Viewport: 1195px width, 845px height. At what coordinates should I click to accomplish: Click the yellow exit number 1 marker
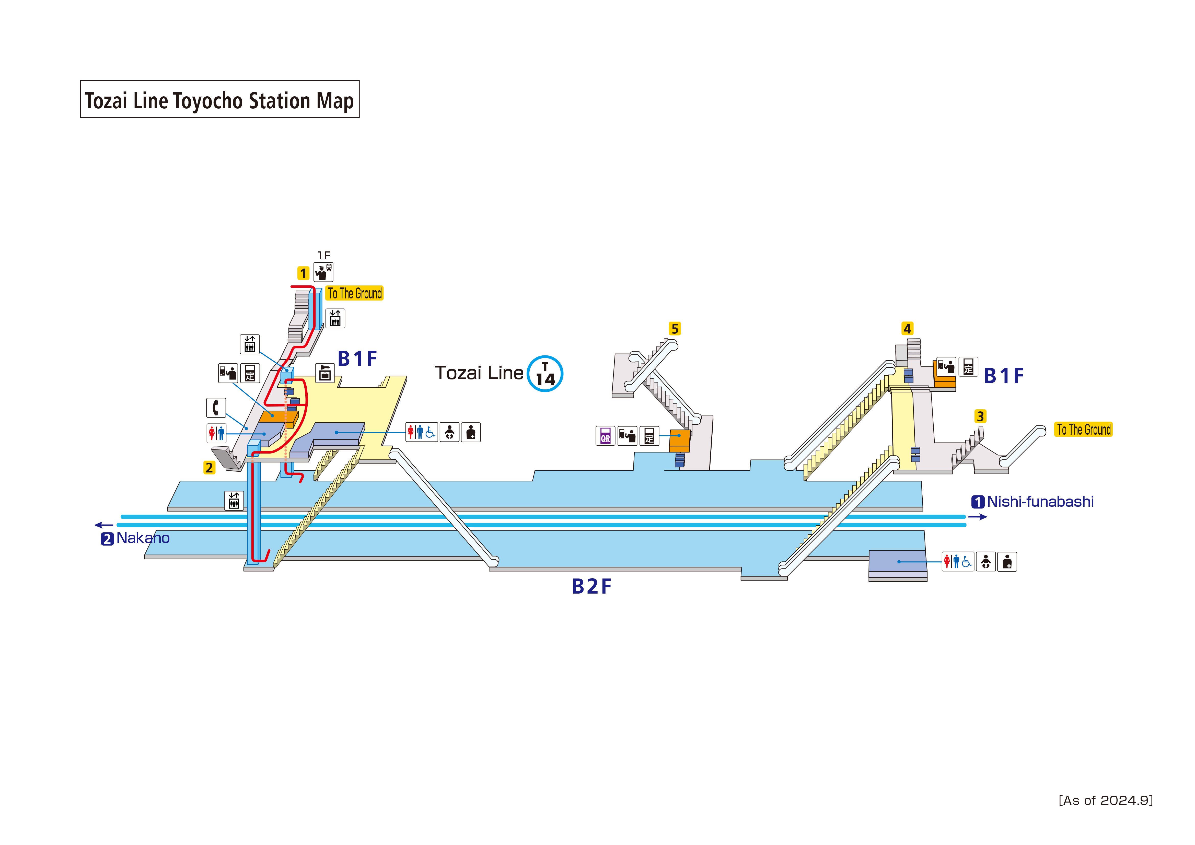pos(303,273)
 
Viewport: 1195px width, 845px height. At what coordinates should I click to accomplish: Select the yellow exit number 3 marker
pos(980,416)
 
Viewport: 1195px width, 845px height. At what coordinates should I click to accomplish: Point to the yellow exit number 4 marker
pos(907,329)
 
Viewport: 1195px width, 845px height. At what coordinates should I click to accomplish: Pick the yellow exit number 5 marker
pos(675,329)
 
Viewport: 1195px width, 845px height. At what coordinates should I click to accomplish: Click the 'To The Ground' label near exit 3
pos(1083,430)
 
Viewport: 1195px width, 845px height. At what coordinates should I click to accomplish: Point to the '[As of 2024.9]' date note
pos(1106,800)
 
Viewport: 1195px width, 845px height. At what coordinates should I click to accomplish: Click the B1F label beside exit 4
pos(1003,376)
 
